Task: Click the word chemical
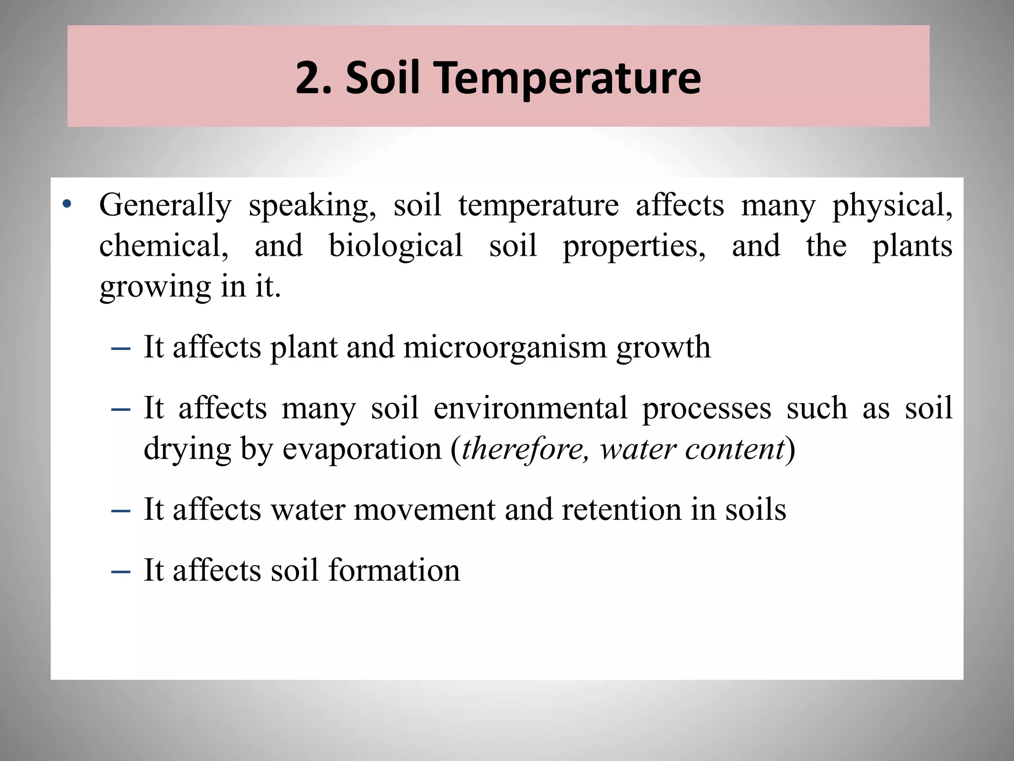[164, 246]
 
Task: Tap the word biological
[396, 246]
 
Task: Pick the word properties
[634, 246]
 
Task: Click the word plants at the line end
[912, 246]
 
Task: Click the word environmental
[530, 408]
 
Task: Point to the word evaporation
[362, 449]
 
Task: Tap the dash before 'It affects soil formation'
[121, 571]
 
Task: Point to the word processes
[707, 408]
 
